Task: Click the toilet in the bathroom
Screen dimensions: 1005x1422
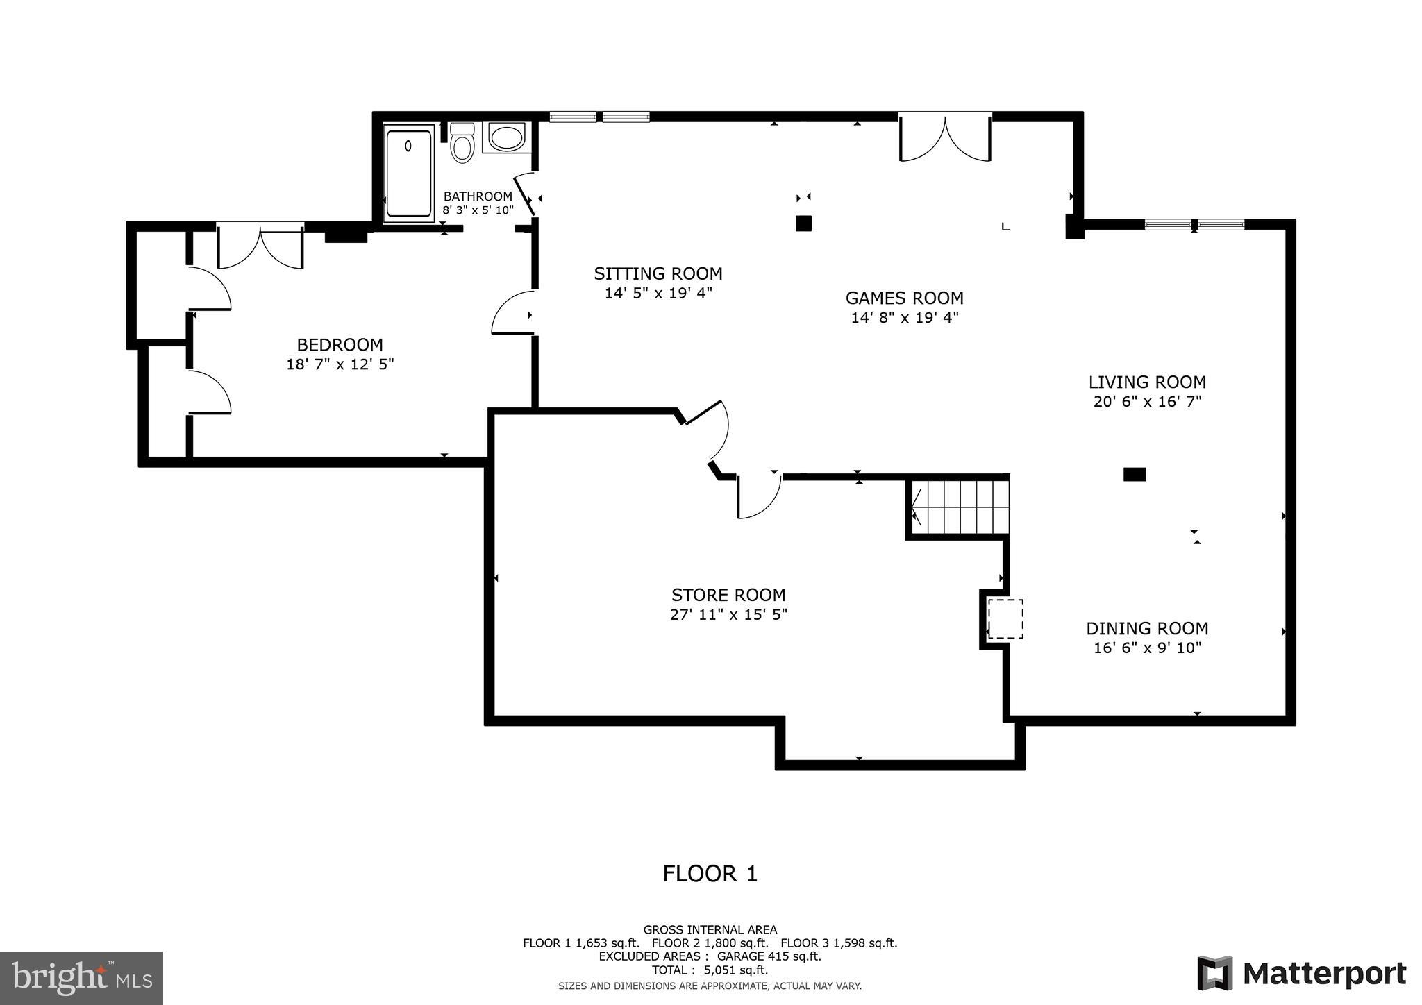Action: (x=462, y=144)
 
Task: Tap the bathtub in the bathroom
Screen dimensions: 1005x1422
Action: (x=409, y=174)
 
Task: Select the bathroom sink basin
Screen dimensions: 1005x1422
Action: (x=506, y=137)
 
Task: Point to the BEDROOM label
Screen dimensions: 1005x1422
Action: (x=340, y=345)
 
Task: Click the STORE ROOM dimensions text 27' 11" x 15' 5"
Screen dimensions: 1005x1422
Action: (x=728, y=614)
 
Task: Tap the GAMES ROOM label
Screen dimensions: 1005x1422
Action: (x=904, y=298)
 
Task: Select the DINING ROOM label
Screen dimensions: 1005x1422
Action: (x=1147, y=629)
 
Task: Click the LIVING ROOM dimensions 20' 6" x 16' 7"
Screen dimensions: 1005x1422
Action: (x=1147, y=401)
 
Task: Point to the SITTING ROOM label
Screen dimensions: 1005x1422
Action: (x=658, y=273)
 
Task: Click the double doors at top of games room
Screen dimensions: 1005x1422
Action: (x=945, y=139)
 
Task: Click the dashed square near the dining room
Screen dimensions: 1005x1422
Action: (x=1005, y=618)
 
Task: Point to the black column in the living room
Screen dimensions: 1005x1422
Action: (x=1135, y=475)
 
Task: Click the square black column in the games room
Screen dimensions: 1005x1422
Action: (x=803, y=223)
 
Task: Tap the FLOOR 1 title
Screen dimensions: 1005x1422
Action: (x=710, y=874)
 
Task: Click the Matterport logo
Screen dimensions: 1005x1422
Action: (x=1301, y=974)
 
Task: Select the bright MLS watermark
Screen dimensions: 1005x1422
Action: (x=81, y=978)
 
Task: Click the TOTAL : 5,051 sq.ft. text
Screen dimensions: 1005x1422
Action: (x=710, y=970)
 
